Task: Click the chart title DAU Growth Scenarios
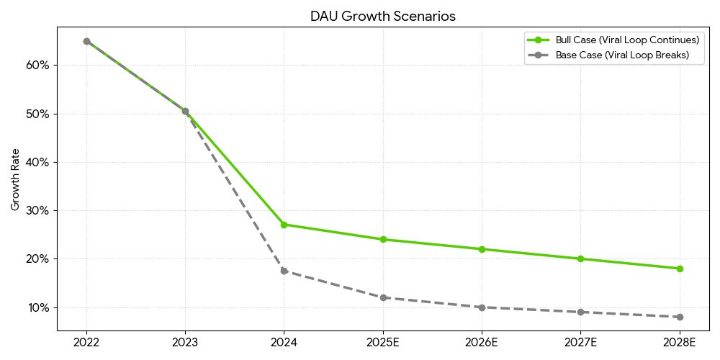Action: click(x=383, y=16)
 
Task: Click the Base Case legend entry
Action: click(x=621, y=55)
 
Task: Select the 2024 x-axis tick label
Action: click(x=284, y=343)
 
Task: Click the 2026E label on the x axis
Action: click(x=482, y=343)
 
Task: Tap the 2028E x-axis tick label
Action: click(x=680, y=343)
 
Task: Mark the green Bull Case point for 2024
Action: click(x=284, y=225)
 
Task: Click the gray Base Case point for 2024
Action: click(x=284, y=271)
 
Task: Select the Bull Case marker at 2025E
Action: click(x=383, y=239)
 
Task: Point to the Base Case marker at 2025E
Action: click(x=383, y=297)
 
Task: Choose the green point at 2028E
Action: click(x=680, y=269)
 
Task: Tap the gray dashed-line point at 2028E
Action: click(x=680, y=317)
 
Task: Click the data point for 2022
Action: click(x=86, y=41)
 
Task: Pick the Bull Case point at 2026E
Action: click(x=482, y=249)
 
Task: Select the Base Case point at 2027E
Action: click(x=581, y=312)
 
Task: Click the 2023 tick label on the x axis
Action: click(x=185, y=343)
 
